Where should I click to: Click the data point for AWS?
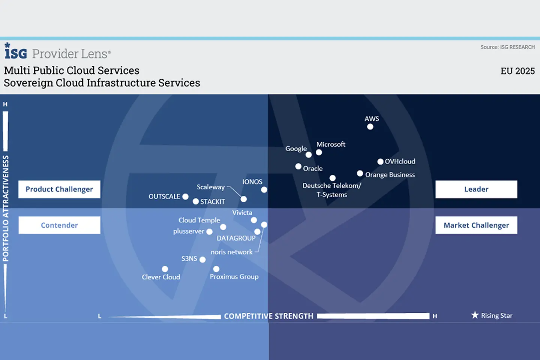pos(370,127)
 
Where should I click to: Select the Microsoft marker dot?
pos(319,152)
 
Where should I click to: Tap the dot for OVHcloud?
pos(380,162)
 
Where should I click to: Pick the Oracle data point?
pos(298,166)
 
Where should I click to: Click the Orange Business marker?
pos(360,173)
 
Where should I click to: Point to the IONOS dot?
pos(264,190)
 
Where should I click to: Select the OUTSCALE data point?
pos(185,196)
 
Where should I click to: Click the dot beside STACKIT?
pos(196,201)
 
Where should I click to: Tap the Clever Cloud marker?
pos(165,269)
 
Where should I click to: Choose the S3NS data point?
pos(202,259)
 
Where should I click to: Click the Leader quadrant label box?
pos(476,189)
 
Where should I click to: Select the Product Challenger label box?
pos(59,189)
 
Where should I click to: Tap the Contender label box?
pos(59,225)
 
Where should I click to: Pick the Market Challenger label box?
pos(476,225)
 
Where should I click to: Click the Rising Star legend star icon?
pos(475,315)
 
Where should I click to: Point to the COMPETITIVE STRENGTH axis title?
pos(268,316)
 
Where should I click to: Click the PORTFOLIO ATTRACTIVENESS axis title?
pos(6,208)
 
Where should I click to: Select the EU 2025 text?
pos(517,71)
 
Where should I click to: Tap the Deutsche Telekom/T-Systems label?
pos(332,190)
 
